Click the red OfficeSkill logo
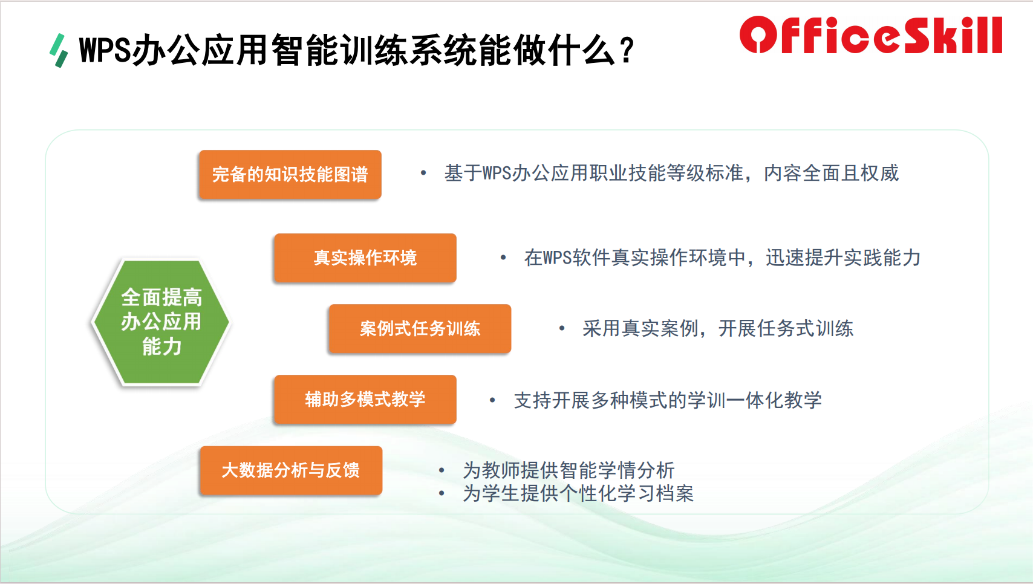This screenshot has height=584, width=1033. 871,35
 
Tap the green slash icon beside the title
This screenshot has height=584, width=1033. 59,51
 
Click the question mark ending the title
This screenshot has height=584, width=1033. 627,50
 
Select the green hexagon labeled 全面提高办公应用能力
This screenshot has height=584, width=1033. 161,322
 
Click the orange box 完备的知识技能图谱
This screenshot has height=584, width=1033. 290,174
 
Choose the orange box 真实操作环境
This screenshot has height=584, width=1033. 365,258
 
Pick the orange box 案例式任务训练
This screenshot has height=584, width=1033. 420,329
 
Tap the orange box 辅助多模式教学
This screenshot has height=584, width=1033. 365,399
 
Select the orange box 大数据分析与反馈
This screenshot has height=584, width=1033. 291,470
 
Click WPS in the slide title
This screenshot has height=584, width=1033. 106,50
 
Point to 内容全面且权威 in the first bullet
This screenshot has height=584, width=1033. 831,174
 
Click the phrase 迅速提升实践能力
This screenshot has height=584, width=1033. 843,258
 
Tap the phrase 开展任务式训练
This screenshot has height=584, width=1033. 786,329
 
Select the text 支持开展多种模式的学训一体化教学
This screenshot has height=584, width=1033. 668,400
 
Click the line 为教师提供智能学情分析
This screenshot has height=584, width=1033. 569,470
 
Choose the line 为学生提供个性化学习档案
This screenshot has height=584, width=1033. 578,493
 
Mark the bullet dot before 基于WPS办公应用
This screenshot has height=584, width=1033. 423,174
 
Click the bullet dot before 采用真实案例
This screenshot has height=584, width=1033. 562,329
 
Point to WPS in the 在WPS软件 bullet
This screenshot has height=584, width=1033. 557,258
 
